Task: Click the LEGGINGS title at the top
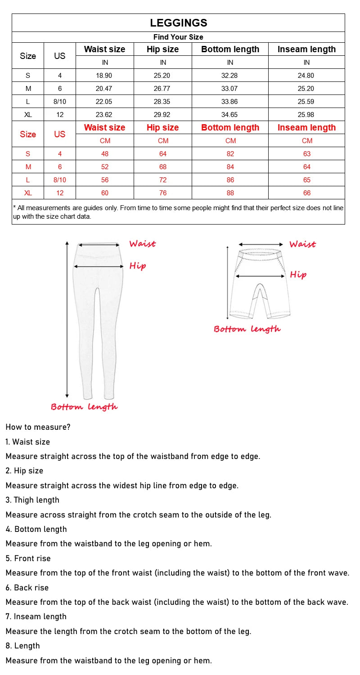point(178,23)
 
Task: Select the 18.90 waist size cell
point(104,76)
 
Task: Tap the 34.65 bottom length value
point(230,115)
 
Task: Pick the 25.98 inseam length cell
point(306,115)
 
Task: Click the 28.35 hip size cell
point(163,102)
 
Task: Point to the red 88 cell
point(230,193)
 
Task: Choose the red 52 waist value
point(104,167)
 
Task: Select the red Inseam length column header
point(306,128)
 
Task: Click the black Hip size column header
point(163,49)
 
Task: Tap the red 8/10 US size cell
point(59,180)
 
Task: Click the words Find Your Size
point(178,37)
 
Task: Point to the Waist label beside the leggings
point(142,244)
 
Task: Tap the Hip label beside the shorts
point(298,274)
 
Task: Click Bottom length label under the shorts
point(247,329)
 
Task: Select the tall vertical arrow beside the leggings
point(67,319)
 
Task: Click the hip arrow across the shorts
point(260,276)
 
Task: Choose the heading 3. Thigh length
point(32,500)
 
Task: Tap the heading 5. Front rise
point(28,558)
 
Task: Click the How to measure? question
point(38,427)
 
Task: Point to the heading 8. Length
point(23,646)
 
